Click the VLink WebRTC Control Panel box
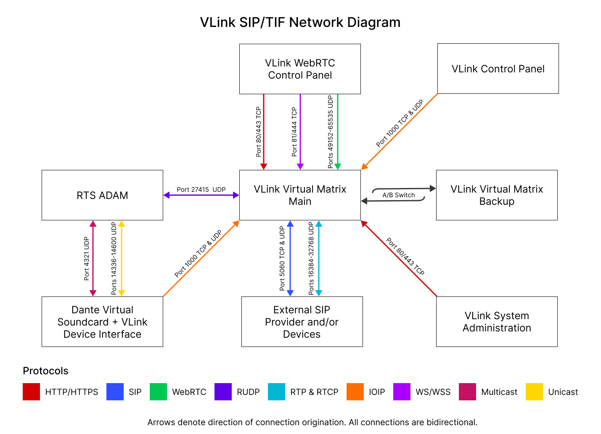click(300, 69)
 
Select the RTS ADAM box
click(102, 195)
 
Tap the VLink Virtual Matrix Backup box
click(497, 195)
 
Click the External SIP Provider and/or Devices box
click(302, 322)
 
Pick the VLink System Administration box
click(497, 322)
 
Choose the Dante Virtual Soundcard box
click(102, 322)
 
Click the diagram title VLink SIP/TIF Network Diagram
click(300, 22)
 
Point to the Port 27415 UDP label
click(201, 190)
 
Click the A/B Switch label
click(398, 195)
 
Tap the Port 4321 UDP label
click(87, 259)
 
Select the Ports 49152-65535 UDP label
click(331, 132)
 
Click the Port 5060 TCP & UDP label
click(282, 259)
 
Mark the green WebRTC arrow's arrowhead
click(337, 167)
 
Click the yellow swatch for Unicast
click(534, 392)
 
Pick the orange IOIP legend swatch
click(355, 392)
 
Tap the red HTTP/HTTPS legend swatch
click(31, 392)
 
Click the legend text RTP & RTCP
click(314, 392)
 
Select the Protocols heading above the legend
click(45, 371)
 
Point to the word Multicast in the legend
click(499, 392)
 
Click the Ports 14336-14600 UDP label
click(114, 259)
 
